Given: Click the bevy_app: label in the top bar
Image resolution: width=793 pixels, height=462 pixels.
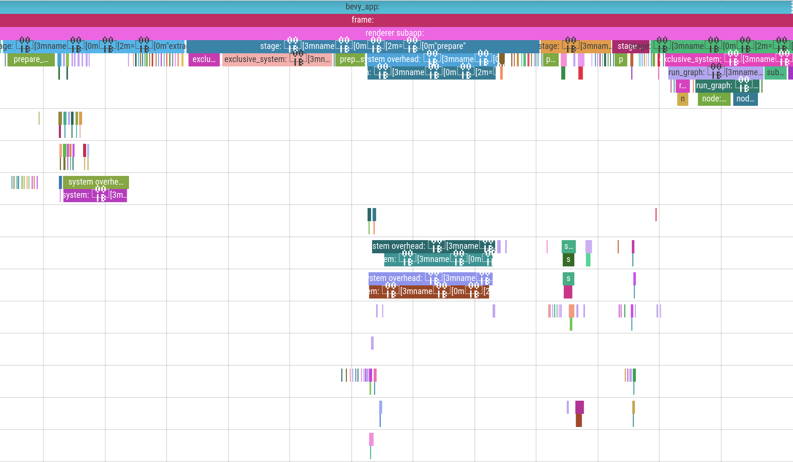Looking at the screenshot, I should tap(363, 7).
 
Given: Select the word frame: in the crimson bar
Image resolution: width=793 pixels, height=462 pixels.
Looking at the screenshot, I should tap(363, 20).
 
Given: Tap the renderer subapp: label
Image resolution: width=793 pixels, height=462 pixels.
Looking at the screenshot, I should tap(394, 33).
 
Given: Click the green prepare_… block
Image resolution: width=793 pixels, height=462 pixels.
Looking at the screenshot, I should tap(31, 59).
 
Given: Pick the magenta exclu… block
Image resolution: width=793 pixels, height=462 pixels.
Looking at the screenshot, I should tap(204, 59).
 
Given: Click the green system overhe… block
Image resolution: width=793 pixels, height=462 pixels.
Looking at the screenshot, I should tap(95, 182).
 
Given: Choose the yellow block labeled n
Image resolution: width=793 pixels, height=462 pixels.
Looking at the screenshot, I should tap(683, 99).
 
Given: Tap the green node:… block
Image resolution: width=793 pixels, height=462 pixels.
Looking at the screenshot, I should tap(714, 99).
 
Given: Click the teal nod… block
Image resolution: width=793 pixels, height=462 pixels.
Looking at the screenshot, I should tap(745, 99).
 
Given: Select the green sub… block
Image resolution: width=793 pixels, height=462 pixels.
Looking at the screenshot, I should tap(775, 73).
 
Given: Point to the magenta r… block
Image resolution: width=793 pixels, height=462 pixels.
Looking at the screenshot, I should tap(683, 86).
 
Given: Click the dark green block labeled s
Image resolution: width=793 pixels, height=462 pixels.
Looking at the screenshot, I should tap(569, 260).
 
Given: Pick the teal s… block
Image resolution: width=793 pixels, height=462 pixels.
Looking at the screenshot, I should tap(569, 247).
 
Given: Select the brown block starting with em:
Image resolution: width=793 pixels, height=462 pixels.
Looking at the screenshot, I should tap(429, 292).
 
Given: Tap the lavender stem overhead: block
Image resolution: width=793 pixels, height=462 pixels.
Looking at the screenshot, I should tap(430, 278).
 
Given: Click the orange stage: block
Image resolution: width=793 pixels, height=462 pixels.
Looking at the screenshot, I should tap(575, 46).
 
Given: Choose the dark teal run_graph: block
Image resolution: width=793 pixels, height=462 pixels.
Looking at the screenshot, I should tap(727, 86).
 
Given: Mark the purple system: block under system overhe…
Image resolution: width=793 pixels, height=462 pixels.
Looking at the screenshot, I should tap(95, 195).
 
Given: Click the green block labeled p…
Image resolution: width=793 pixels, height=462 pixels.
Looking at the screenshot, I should tap(550, 59).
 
